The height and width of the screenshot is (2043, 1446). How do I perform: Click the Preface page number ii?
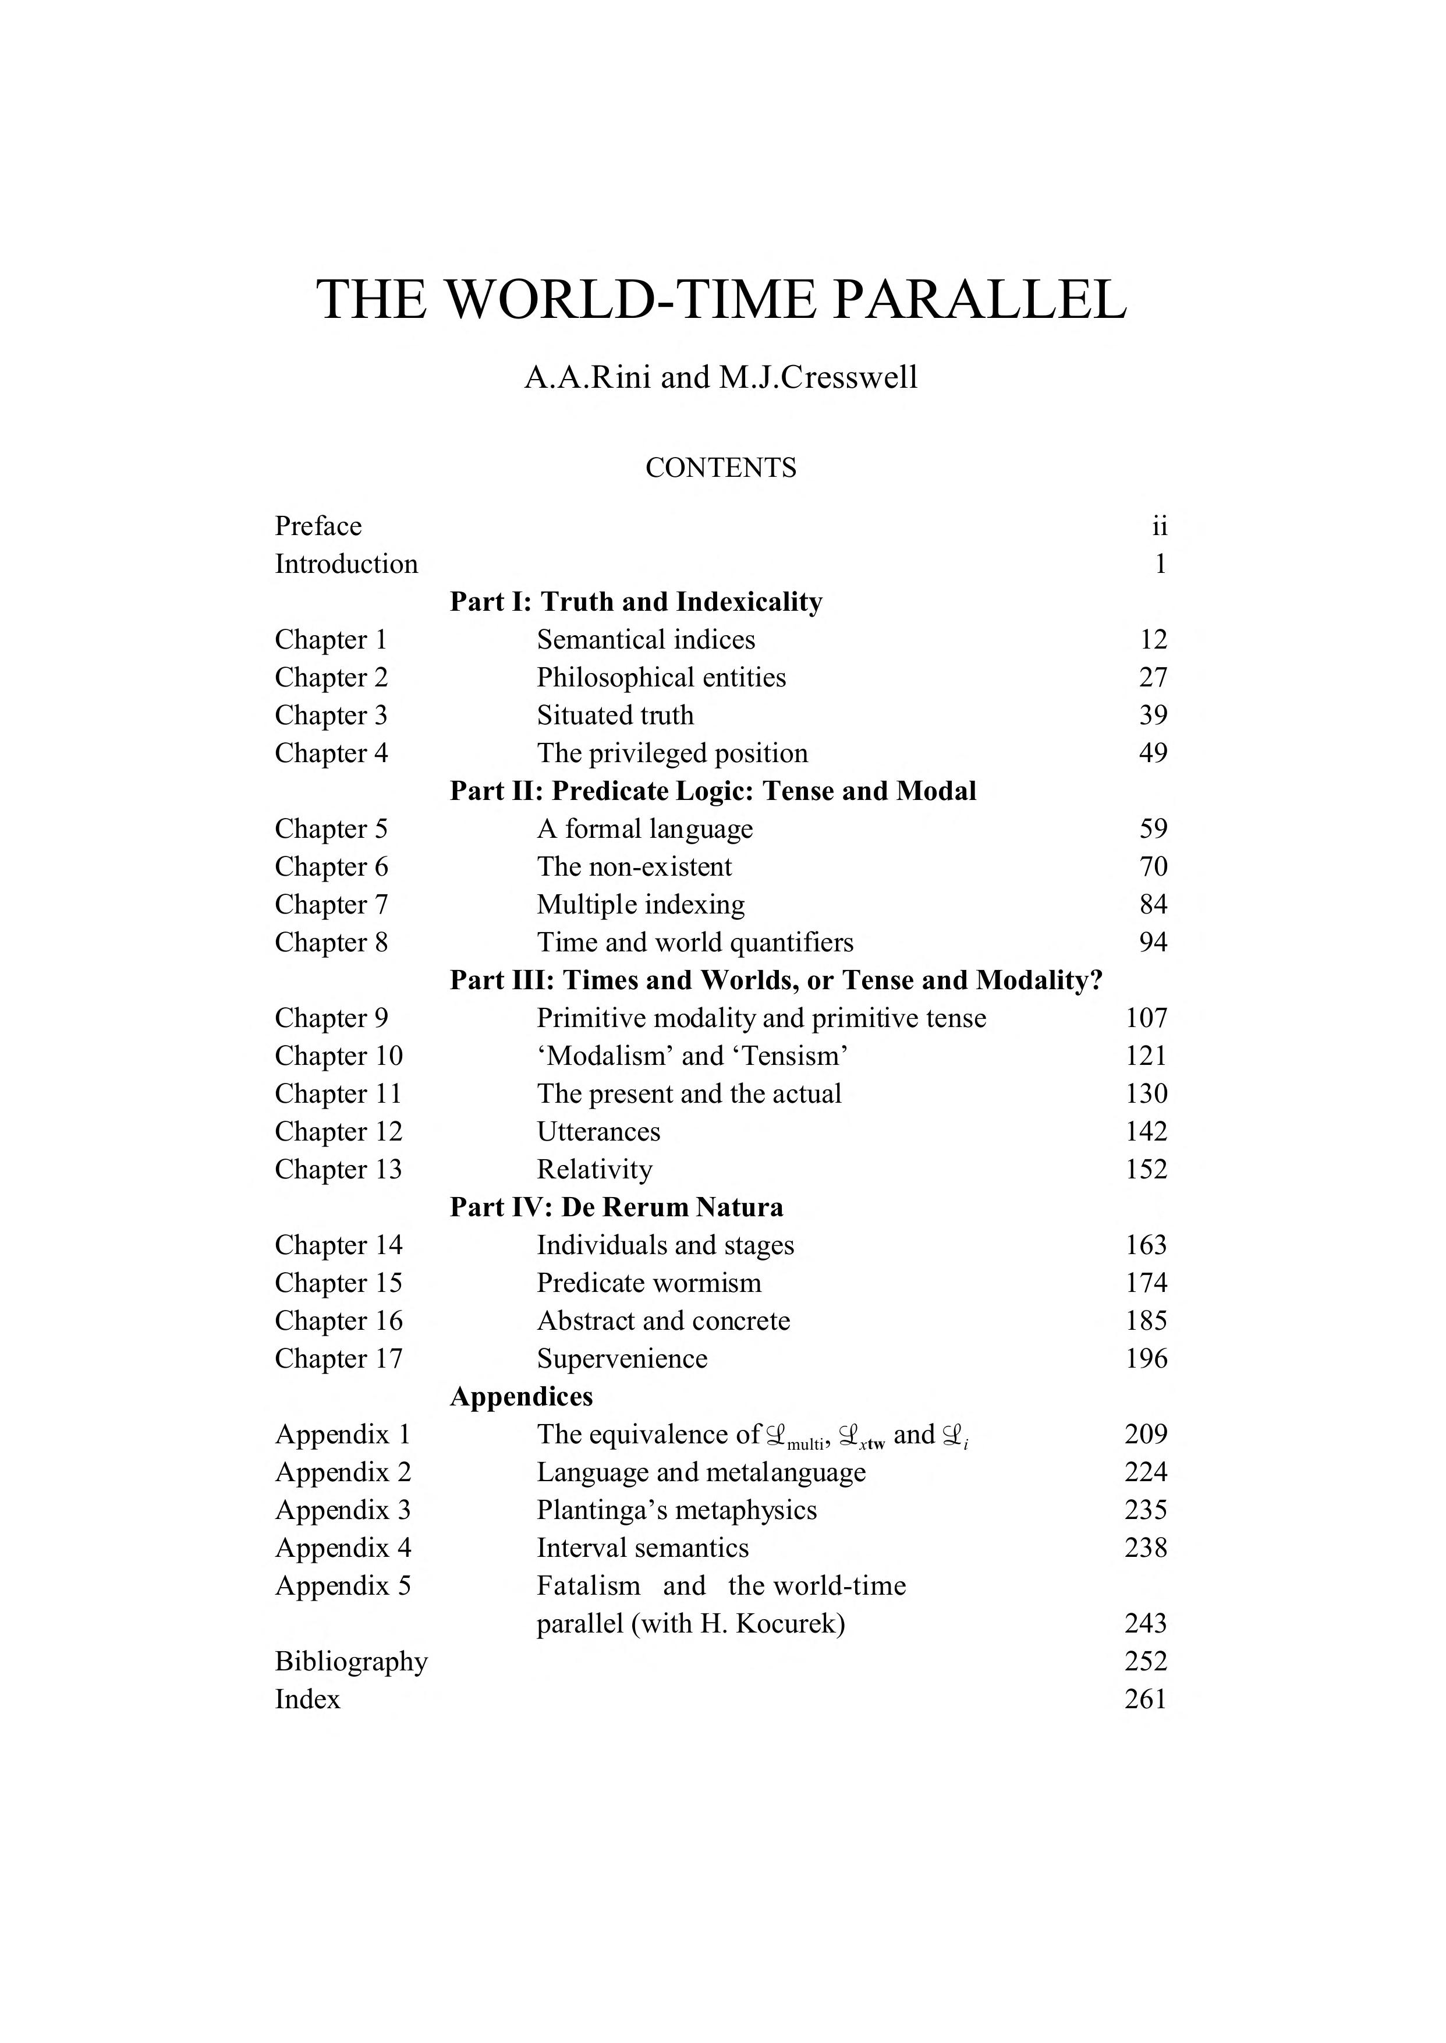(x=1158, y=526)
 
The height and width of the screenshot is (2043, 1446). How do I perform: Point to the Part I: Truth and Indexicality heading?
(x=636, y=602)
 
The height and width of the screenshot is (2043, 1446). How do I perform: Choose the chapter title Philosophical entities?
(x=661, y=678)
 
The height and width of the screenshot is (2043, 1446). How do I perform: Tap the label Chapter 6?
(x=331, y=866)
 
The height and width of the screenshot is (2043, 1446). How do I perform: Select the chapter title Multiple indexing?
(x=640, y=905)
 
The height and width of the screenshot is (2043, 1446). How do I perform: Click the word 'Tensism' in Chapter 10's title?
(x=790, y=1056)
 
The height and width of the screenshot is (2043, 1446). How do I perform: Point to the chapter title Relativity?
(x=594, y=1169)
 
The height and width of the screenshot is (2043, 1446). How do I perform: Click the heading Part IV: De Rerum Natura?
(x=616, y=1208)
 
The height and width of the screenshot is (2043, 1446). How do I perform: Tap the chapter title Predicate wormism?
(x=648, y=1283)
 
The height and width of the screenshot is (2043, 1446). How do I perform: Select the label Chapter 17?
(x=338, y=1359)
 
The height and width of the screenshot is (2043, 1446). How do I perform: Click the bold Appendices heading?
(x=521, y=1396)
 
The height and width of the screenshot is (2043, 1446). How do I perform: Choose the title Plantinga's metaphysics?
(x=676, y=1510)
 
